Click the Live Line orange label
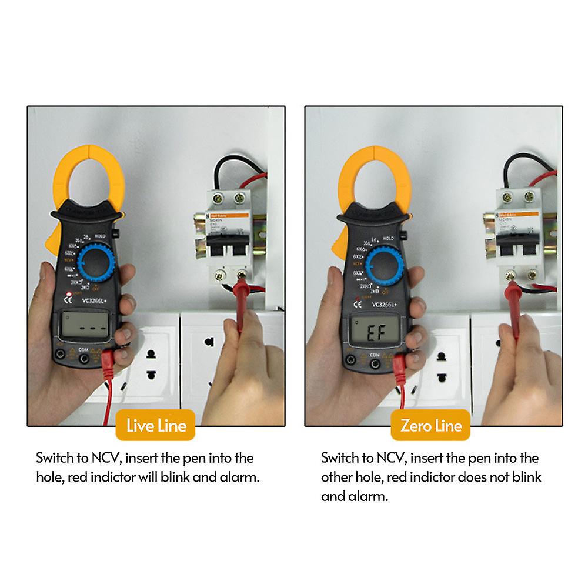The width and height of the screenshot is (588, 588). click(156, 425)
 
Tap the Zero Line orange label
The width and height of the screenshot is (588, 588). click(431, 425)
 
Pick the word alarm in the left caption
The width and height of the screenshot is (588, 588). click(239, 477)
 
